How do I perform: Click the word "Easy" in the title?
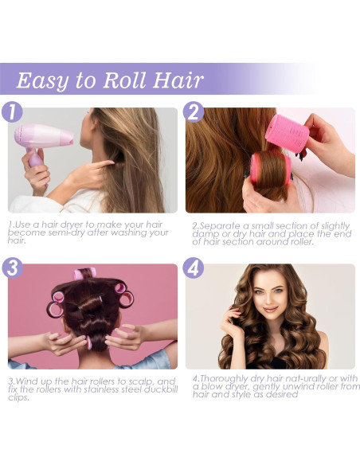tap(45, 80)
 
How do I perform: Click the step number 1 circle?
tap(10, 111)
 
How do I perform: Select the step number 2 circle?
tap(193, 111)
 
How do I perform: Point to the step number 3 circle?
tap(10, 268)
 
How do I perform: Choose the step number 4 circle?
tap(193, 268)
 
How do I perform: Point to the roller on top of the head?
tap(85, 275)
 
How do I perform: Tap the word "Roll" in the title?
tap(117, 80)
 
